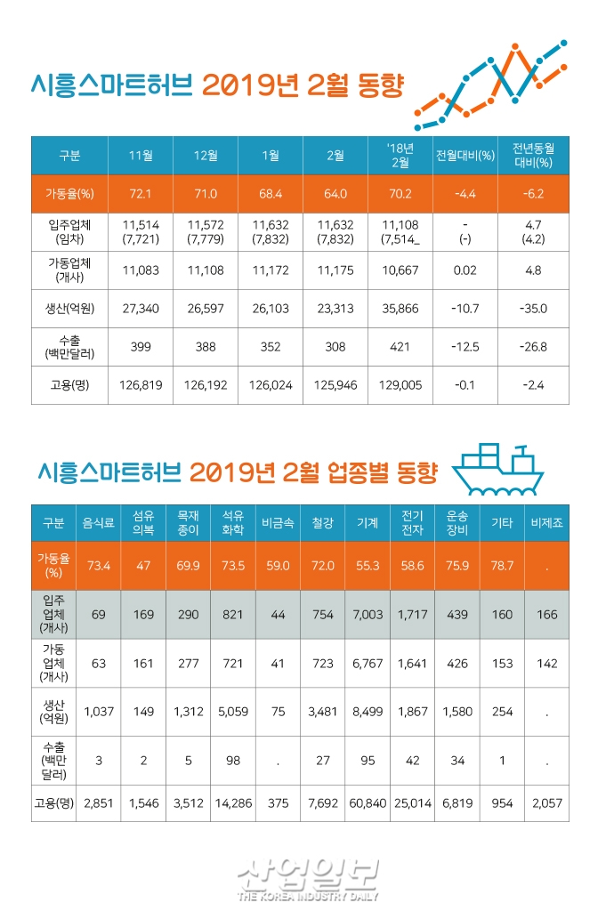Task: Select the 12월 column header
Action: pos(206,156)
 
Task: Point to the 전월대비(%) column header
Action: pos(465,156)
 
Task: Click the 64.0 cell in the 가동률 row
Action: pos(335,193)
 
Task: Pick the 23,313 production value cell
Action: pos(335,309)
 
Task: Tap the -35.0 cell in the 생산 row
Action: pos(533,309)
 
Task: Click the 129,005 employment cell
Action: pos(400,386)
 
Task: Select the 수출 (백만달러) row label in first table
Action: pos(69,347)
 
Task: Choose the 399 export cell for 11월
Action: pos(141,347)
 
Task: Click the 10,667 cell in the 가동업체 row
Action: pos(400,270)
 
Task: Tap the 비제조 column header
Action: pos(546,523)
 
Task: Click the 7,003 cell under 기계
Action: pos(368,614)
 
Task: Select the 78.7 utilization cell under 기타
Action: pos(501,566)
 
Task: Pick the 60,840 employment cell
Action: pos(368,802)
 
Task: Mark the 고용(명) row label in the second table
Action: pos(53,802)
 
